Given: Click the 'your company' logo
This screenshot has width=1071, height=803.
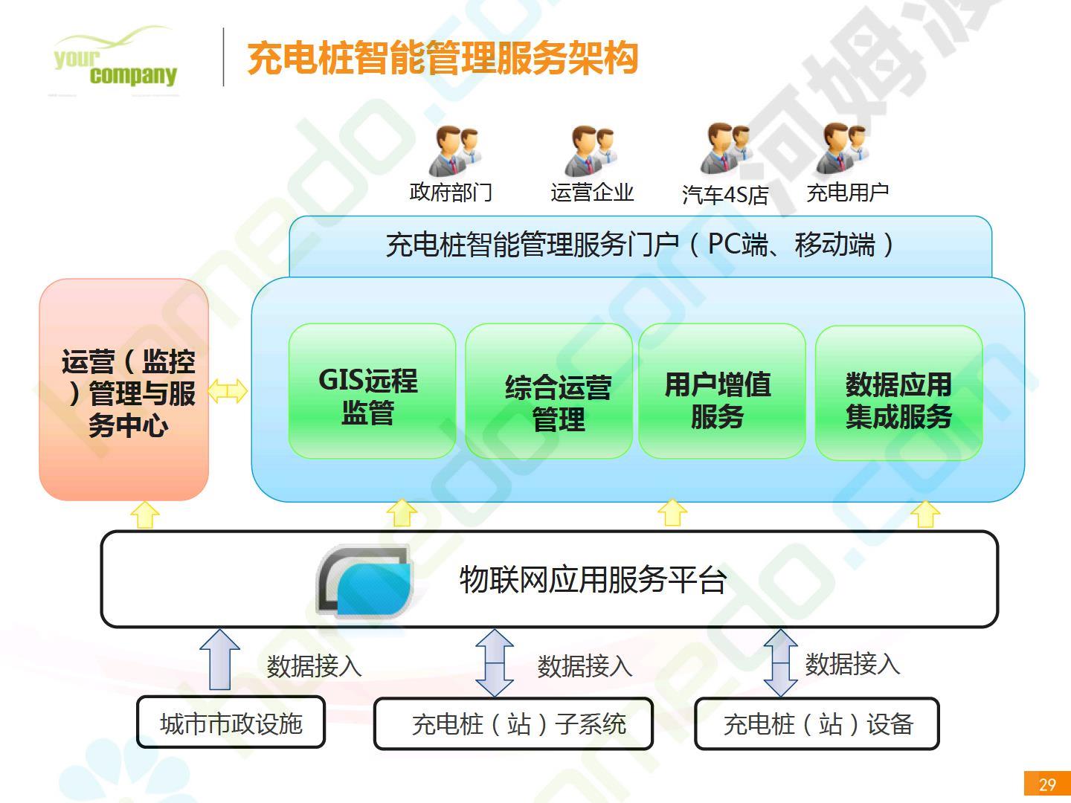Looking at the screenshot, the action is [115, 59].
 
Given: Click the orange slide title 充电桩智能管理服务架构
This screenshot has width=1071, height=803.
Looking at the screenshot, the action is [443, 59].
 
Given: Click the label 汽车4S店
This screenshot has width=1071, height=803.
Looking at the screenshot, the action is [724, 195].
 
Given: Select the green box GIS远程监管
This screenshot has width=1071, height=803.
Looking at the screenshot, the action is [373, 391].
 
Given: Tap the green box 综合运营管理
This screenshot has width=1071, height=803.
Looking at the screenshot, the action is [548, 391].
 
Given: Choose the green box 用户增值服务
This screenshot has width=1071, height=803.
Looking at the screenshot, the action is [722, 391].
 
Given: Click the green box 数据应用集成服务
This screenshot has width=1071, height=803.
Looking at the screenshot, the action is [898, 393].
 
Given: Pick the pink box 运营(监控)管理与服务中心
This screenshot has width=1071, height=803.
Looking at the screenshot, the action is [124, 390].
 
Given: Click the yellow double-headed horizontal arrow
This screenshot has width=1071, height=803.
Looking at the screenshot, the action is [228, 391].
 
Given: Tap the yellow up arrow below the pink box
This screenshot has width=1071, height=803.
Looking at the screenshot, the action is [145, 515].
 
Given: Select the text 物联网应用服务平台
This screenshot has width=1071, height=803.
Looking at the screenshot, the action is [593, 580].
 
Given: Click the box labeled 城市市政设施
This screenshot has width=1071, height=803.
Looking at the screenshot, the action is [231, 722].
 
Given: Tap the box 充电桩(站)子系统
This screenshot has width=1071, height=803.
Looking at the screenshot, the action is [513, 724].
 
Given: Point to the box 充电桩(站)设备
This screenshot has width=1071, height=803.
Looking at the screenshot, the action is [817, 724].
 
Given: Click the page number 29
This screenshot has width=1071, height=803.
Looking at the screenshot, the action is [1047, 784].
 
